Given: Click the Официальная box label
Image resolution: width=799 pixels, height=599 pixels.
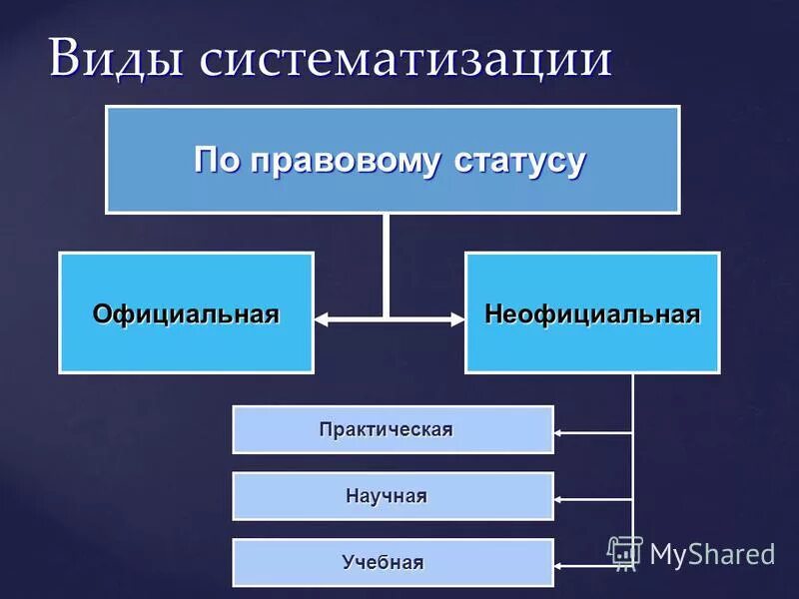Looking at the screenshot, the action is [186, 313].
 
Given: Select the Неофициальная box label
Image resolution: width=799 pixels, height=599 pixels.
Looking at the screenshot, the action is [592, 313].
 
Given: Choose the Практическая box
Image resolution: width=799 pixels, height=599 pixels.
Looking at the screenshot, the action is [393, 429].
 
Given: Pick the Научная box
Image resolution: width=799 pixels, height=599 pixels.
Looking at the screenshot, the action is [393, 496].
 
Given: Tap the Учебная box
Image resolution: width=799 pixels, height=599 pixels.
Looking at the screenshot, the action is [393, 562].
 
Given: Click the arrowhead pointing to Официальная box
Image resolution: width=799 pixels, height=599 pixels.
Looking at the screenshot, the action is [322, 319].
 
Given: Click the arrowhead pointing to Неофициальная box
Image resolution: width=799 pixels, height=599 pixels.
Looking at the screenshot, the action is [458, 319].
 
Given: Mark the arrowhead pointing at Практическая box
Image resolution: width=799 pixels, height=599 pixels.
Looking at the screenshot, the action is [559, 432].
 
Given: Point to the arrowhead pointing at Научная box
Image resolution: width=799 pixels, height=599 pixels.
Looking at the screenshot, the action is [559, 499].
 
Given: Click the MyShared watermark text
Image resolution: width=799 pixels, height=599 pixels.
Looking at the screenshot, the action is [711, 552].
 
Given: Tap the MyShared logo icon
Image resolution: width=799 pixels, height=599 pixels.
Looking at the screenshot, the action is [625, 551].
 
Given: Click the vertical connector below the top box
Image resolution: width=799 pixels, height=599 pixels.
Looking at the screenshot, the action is [387, 265].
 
